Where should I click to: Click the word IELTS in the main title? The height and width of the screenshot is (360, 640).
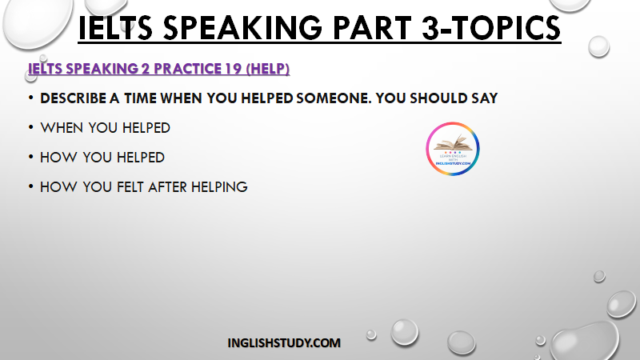(115, 28)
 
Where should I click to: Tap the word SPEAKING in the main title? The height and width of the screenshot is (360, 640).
(242, 28)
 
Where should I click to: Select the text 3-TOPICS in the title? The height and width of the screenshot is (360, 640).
(491, 28)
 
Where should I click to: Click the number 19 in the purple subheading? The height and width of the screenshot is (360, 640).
(233, 69)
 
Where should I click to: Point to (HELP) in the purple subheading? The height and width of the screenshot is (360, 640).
(268, 69)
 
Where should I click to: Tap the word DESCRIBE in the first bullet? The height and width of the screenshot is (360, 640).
(73, 98)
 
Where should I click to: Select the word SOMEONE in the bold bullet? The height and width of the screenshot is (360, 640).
(331, 98)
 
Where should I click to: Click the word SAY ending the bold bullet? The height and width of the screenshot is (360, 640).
(485, 98)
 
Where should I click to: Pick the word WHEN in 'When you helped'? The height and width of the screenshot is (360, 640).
(62, 128)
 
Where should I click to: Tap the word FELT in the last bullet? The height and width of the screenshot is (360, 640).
(130, 187)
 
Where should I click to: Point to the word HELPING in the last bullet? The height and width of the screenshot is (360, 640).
(219, 187)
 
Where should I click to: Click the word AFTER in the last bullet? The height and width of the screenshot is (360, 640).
(167, 187)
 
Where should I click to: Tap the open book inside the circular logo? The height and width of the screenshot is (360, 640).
(453, 143)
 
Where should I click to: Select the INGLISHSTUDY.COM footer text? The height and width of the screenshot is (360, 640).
(284, 343)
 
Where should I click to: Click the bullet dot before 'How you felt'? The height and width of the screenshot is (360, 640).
(30, 186)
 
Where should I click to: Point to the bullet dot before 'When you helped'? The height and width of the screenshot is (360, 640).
(30, 127)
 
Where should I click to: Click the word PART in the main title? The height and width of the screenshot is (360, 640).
(372, 28)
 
